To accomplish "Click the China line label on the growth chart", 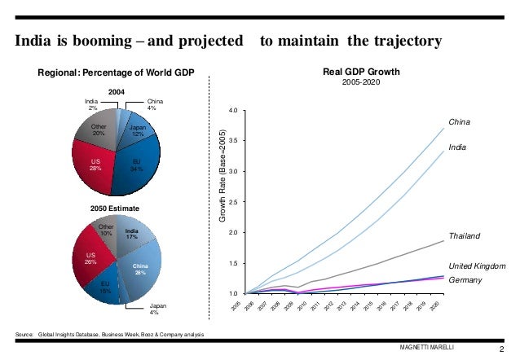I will tap(461, 121).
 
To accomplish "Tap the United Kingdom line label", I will tap(478, 266).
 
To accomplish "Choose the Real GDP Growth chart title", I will tap(361, 72).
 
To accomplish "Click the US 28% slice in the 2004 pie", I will tap(95, 165).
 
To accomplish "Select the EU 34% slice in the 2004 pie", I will tap(136, 167).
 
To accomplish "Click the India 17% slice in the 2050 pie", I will tap(132, 235).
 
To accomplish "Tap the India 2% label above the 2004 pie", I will tap(92, 104).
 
